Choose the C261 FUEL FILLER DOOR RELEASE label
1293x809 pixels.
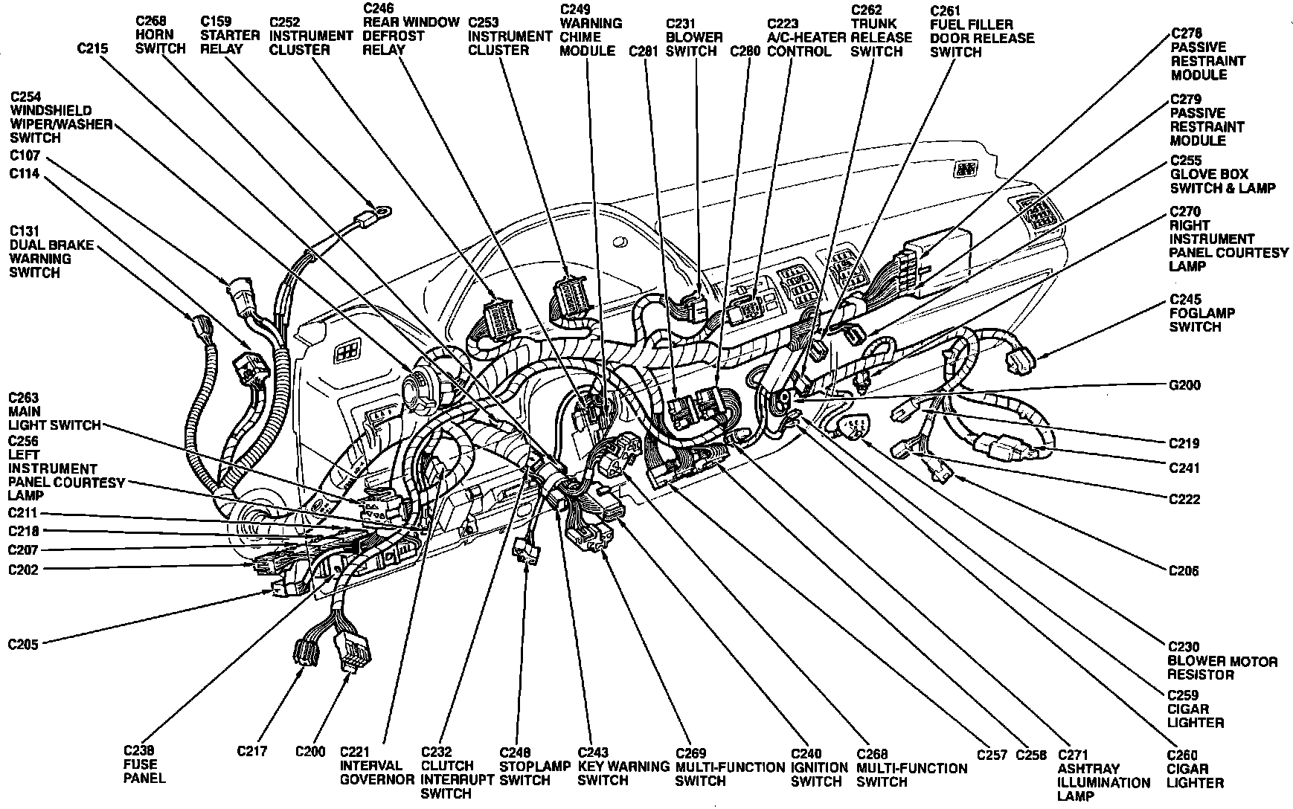point(981,31)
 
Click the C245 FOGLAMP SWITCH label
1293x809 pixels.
point(1195,313)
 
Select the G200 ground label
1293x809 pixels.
point(1184,385)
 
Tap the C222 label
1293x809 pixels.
point(1184,499)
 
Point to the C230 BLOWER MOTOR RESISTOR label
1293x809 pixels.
point(1222,661)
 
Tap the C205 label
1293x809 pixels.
point(23,644)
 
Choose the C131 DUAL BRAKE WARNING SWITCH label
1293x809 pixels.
point(40,252)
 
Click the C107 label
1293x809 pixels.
point(25,156)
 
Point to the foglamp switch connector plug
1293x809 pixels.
point(1020,362)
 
